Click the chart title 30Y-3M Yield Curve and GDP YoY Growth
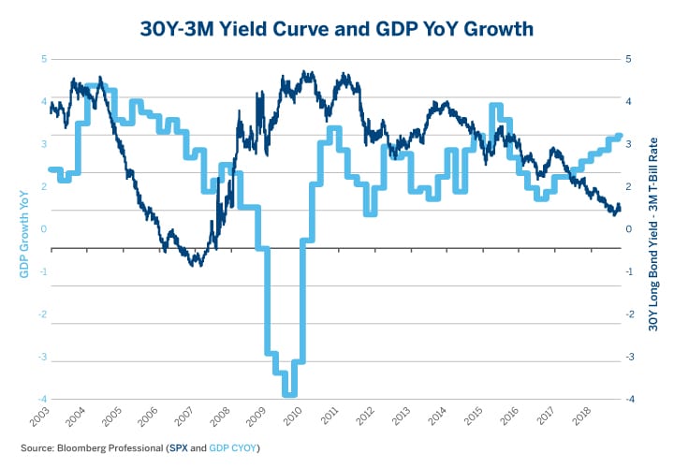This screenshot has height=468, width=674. click(336, 29)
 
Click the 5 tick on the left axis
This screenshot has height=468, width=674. click(43, 59)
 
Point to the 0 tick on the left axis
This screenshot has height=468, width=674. click(43, 228)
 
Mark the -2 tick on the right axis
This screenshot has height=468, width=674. click(630, 314)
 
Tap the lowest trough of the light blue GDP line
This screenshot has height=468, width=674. click(290, 394)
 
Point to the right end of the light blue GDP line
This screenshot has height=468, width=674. click(620, 137)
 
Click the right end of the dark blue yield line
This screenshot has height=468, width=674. click(620, 211)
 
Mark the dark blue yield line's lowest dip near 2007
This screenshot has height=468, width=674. click(196, 265)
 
